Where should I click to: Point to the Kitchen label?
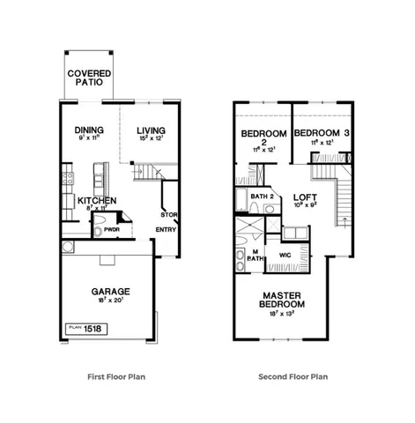click(x=95, y=200)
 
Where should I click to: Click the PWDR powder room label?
click(x=112, y=230)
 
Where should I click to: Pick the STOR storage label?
click(x=168, y=214)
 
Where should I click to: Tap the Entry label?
click(x=166, y=231)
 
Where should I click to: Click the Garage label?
click(x=111, y=291)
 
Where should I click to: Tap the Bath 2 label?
click(x=263, y=195)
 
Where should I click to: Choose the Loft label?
click(x=304, y=197)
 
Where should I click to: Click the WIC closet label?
click(x=284, y=256)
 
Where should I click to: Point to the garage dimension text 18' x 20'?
click(x=111, y=301)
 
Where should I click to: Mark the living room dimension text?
click(x=151, y=137)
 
